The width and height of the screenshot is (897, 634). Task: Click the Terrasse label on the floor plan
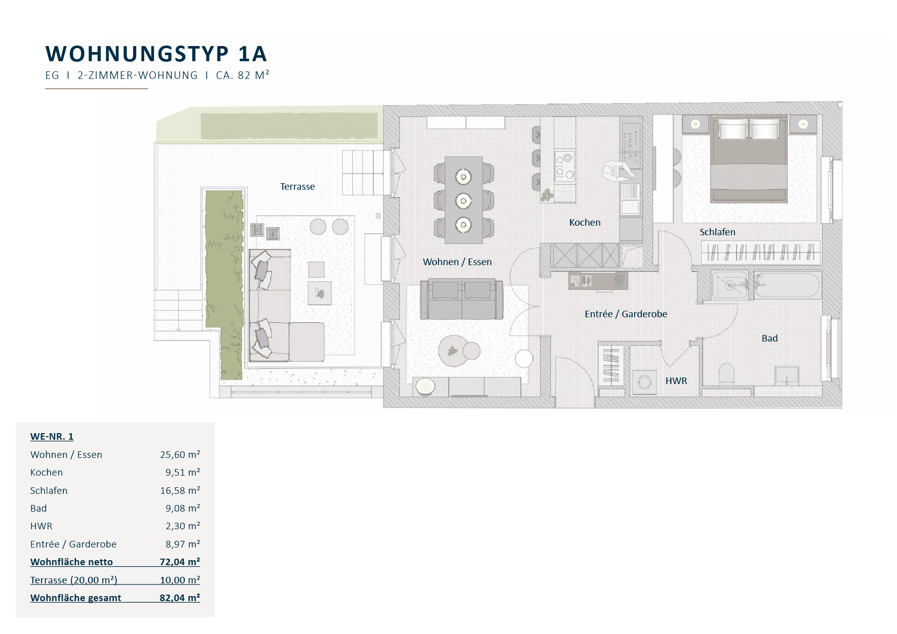pyautogui.click(x=298, y=187)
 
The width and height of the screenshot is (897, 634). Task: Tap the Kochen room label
pyautogui.click(x=585, y=223)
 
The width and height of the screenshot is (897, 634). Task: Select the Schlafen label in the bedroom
pyautogui.click(x=717, y=232)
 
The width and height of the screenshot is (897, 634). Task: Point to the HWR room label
pyautogui.click(x=676, y=381)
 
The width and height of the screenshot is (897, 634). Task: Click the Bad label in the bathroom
pyautogui.click(x=769, y=339)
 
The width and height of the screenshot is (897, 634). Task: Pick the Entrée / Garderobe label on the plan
pyautogui.click(x=626, y=314)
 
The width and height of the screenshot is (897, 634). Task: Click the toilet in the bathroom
pyautogui.click(x=726, y=374)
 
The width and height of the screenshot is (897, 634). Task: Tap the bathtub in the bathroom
pyautogui.click(x=787, y=285)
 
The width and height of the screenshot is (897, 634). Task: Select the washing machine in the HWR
pyautogui.click(x=644, y=382)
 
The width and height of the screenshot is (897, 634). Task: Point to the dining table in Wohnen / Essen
pyautogui.click(x=464, y=200)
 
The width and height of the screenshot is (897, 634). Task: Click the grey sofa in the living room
pyautogui.click(x=462, y=299)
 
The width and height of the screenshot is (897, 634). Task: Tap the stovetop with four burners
pyautogui.click(x=565, y=165)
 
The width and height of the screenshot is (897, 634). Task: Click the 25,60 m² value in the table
pyautogui.click(x=180, y=454)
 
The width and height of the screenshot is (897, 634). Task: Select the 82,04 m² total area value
pyautogui.click(x=180, y=598)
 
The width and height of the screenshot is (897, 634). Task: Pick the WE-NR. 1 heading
pyautogui.click(x=52, y=437)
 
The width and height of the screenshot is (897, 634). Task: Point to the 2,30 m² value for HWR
pyautogui.click(x=183, y=526)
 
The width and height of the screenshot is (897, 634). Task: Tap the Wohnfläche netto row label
pyautogui.click(x=71, y=562)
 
